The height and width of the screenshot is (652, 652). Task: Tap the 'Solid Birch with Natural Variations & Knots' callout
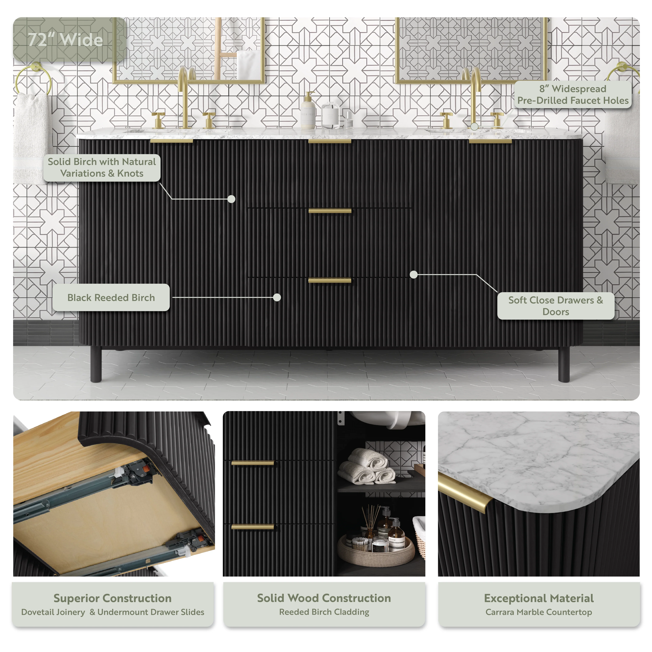coord(102,167)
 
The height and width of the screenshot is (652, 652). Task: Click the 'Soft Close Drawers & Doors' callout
coord(556,306)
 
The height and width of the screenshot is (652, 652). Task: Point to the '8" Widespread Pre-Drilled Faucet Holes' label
coord(573,94)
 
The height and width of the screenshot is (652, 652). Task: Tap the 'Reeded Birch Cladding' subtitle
coord(324,612)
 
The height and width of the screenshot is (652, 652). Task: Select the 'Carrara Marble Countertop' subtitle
coord(539,612)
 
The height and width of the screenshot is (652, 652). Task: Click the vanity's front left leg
coord(96,365)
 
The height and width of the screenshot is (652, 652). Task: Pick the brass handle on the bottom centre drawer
coord(330,280)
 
